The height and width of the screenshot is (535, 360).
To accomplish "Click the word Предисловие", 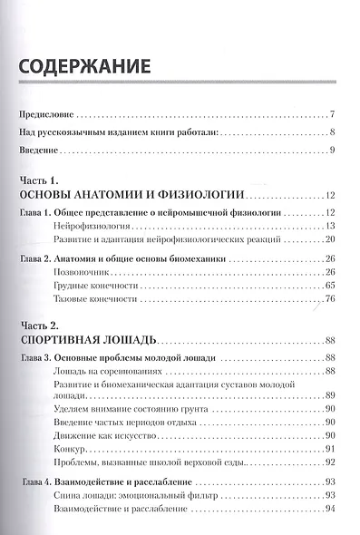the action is click(46, 115).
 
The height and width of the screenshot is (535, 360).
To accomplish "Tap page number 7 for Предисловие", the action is click(334, 115).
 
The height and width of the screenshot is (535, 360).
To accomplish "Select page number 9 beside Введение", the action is click(334, 148).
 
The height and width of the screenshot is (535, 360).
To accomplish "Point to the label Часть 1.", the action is click(39, 179).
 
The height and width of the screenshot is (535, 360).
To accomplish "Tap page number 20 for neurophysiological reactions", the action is click(331, 239).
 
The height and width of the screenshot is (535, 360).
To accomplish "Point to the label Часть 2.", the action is click(39, 324).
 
